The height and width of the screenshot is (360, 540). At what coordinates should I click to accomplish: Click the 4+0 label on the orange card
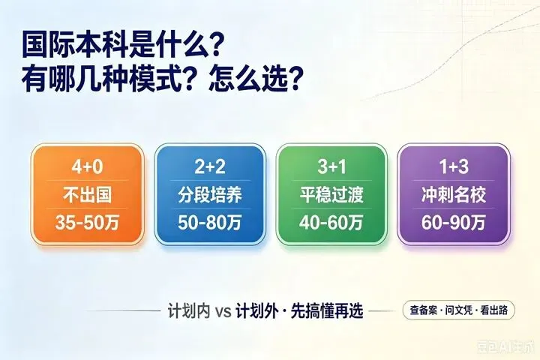pyautogui.click(x=87, y=167)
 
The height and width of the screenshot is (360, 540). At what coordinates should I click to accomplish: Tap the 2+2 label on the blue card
pyautogui.click(x=210, y=167)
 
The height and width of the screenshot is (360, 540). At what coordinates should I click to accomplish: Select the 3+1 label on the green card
pyautogui.click(x=331, y=167)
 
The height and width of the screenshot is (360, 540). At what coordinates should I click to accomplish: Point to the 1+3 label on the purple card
pyautogui.click(x=454, y=167)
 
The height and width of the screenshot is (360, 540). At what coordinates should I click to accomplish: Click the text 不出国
pyautogui.click(x=87, y=195)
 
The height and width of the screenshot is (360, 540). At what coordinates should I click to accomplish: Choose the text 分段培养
pyautogui.click(x=210, y=195)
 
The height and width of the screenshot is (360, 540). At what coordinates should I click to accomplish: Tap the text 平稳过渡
pyautogui.click(x=331, y=195)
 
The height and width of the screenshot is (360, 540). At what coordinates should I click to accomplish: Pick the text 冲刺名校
pyautogui.click(x=454, y=195)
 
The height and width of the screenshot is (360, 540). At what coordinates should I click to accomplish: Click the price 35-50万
pyautogui.click(x=87, y=223)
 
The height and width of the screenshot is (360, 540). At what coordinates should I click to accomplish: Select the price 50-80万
pyautogui.click(x=210, y=223)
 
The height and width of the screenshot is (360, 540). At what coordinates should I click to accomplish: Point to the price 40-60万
pyautogui.click(x=331, y=223)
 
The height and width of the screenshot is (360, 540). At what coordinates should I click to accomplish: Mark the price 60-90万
pyautogui.click(x=454, y=223)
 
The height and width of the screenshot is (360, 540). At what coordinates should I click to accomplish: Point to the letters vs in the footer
pyautogui.click(x=223, y=312)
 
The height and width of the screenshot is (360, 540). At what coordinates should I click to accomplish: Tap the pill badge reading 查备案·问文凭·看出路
pyautogui.click(x=459, y=310)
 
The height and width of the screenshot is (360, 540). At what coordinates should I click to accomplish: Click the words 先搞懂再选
pyautogui.click(x=327, y=311)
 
